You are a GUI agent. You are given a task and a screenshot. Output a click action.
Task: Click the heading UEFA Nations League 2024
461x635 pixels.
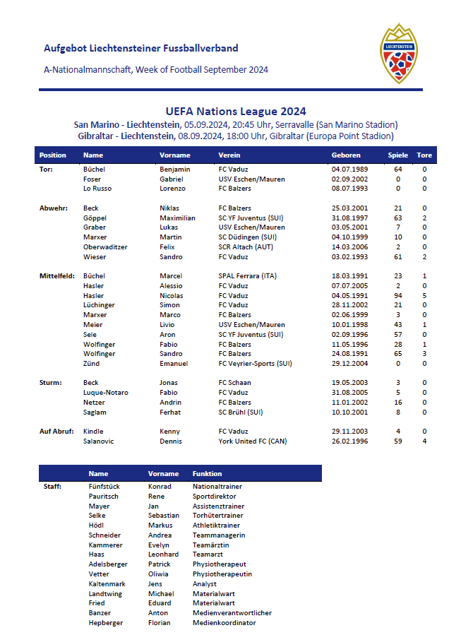click(236, 111)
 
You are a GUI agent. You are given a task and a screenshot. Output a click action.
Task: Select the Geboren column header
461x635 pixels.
click(346, 155)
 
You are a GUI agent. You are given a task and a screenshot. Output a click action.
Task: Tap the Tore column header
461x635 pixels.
click(424, 155)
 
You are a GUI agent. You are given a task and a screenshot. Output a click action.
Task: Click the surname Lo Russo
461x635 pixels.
click(97, 189)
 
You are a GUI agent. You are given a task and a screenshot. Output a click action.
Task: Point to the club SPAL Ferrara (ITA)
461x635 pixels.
click(247, 276)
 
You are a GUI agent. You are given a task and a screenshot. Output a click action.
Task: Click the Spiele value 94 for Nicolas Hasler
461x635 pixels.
click(398, 296)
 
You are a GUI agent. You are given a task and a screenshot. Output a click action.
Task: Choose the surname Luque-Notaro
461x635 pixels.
click(105, 393)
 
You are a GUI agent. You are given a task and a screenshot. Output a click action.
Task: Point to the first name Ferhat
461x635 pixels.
click(170, 413)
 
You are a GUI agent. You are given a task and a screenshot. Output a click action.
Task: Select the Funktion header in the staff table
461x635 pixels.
click(207, 474)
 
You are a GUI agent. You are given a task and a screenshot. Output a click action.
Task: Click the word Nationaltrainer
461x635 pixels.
click(218, 487)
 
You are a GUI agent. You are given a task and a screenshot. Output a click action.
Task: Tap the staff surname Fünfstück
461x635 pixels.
click(105, 487)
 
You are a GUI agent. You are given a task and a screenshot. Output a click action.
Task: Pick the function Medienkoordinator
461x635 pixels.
click(224, 623)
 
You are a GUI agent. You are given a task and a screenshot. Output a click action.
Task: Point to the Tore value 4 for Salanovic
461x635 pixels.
click(424, 441)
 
